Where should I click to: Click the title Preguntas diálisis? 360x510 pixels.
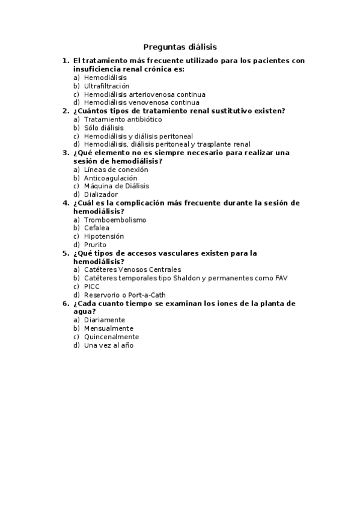(x=180, y=46)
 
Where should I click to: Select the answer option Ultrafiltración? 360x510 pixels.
(x=106, y=86)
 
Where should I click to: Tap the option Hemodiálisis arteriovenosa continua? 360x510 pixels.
(x=144, y=94)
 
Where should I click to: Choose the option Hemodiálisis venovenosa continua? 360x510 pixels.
(x=142, y=103)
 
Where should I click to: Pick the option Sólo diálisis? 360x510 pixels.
(x=104, y=128)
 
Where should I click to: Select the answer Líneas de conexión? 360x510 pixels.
(x=116, y=170)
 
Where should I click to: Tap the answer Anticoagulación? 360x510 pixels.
(x=111, y=179)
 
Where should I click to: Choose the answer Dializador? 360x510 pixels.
(x=101, y=195)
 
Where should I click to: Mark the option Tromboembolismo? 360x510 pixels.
(x=115, y=220)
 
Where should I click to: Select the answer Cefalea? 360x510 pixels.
(x=96, y=229)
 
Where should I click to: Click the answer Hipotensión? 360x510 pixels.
(x=105, y=237)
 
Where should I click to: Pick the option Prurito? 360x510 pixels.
(x=95, y=245)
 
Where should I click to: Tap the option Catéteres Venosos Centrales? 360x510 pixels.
(x=132, y=270)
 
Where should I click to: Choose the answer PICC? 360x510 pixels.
(x=92, y=287)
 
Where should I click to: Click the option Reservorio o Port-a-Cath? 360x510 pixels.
(x=124, y=295)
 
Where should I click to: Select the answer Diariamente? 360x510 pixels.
(x=105, y=321)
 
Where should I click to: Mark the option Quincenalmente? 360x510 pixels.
(x=111, y=337)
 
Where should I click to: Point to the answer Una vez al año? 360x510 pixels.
(x=108, y=346)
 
